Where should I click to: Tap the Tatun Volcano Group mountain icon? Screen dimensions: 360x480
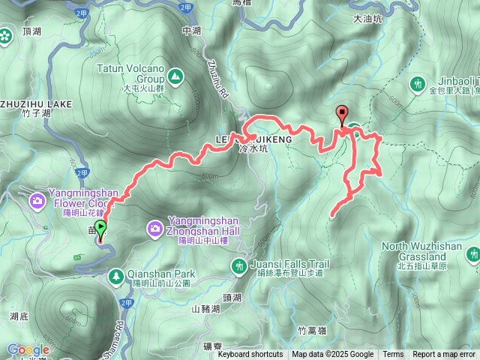pyautogui.click(x=175, y=76)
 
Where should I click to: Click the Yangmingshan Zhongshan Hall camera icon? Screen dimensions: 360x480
pyautogui.click(x=154, y=226)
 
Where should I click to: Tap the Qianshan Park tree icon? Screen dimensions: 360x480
pyautogui.click(x=115, y=277)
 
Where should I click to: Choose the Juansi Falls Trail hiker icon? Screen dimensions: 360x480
pyautogui.click(x=239, y=265)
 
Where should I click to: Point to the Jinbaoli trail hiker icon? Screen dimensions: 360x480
pyautogui.click(x=418, y=83)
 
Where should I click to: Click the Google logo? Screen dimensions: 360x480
pyautogui.click(x=28, y=349)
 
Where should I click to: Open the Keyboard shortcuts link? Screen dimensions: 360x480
pyautogui.click(x=250, y=355)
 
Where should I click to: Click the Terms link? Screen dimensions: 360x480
pyautogui.click(x=393, y=355)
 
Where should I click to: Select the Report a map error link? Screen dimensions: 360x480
pyautogui.click(x=444, y=355)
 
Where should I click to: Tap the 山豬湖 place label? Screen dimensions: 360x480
pyautogui.click(x=206, y=308)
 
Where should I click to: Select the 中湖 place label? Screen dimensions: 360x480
pyautogui.click(x=192, y=31)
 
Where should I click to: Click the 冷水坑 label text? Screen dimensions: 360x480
pyautogui.click(x=250, y=148)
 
